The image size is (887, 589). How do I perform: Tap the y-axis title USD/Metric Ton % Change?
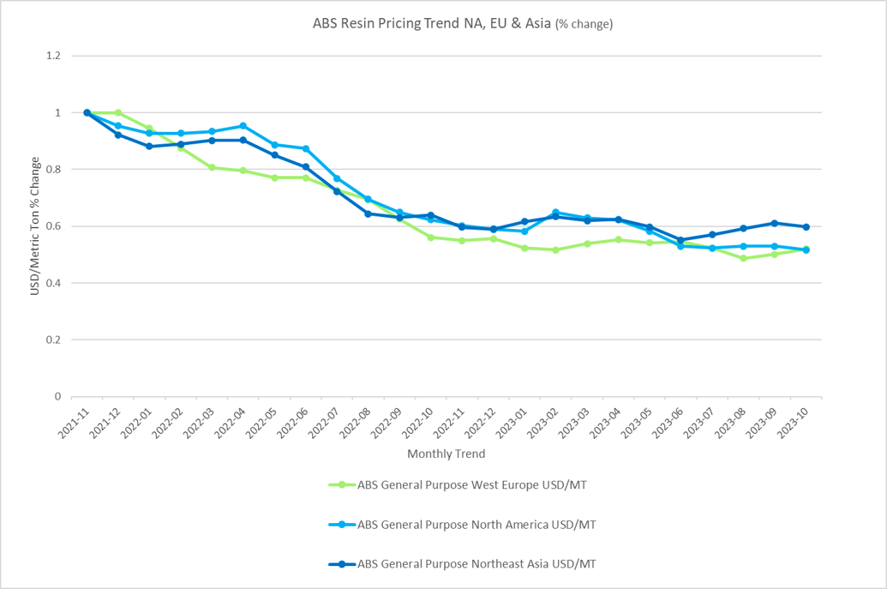35,226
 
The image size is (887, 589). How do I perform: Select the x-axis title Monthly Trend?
446,454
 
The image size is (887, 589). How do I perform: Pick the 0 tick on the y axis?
58,396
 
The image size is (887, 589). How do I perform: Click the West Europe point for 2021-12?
118,112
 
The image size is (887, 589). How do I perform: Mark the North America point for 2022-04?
243,126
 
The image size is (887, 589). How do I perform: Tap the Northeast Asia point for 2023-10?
806,227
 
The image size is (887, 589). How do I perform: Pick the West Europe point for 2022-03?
212,167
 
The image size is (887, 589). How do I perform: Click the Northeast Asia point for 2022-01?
149,146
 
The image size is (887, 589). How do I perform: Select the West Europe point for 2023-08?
743,258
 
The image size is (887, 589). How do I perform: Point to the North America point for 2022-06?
306,149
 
